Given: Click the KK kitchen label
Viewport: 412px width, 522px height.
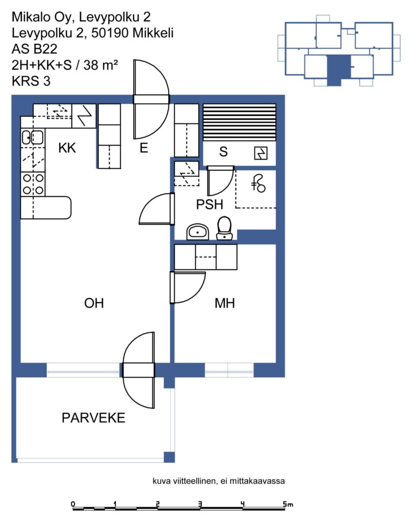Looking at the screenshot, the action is tap(67, 148).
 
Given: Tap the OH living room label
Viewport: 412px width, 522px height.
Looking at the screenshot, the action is tap(94, 303).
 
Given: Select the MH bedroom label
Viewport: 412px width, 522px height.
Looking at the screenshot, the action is tap(225, 303).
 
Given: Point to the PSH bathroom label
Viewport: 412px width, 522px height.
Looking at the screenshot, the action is tap(210, 204).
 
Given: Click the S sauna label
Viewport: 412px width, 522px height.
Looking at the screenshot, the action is tap(223, 152).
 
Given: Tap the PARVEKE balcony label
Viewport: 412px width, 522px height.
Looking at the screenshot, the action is tap(94, 418).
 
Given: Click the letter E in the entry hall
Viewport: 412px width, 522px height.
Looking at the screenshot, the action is tap(144, 148).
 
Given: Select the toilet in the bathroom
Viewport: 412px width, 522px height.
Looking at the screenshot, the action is tap(224, 228).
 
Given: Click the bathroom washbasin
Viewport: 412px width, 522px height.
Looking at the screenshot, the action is tap(197, 232).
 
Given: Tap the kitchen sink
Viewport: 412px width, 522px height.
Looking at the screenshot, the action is tap(32, 137).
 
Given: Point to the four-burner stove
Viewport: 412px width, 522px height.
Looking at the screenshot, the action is tap(33, 184).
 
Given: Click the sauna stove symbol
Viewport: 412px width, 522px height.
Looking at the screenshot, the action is tap(261, 153).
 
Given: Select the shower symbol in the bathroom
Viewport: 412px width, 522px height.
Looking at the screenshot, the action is tap(259, 184).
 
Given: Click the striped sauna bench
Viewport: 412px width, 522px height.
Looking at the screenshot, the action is tap(240, 122).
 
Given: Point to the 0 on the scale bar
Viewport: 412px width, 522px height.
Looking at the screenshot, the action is tap(73, 504).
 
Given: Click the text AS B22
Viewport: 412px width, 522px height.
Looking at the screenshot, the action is tap(34, 49).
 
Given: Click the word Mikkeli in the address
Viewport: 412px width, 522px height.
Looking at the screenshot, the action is tap(153, 33).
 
